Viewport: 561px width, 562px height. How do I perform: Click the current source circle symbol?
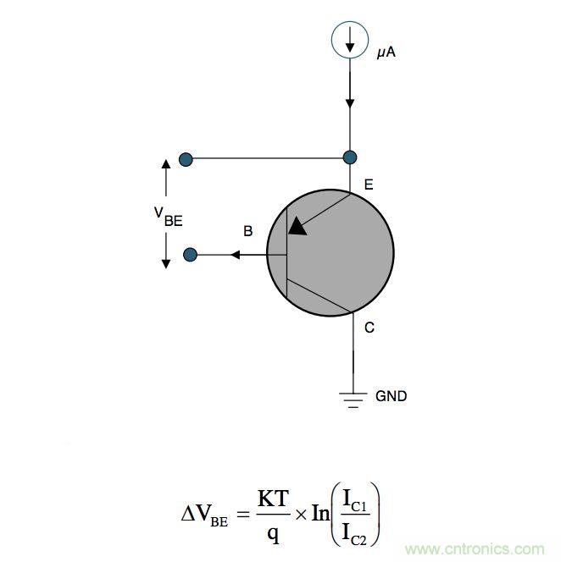(x=349, y=40)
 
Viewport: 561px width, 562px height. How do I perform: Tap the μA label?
(x=386, y=53)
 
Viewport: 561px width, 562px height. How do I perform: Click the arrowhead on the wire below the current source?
(x=349, y=102)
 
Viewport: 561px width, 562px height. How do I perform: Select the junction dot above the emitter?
(x=349, y=157)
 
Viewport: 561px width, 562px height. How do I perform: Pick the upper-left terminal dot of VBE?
(x=186, y=158)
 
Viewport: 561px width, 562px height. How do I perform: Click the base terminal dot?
(x=191, y=254)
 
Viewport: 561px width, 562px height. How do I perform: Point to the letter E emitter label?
(x=368, y=185)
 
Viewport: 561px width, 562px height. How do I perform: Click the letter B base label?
(x=247, y=231)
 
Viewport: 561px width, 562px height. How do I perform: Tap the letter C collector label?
(x=369, y=328)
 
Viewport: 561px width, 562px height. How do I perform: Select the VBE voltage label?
(x=167, y=217)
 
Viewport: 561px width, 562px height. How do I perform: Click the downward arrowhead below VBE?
(x=166, y=262)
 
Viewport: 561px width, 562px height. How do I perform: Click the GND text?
(x=391, y=396)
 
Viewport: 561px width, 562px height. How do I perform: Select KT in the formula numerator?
(x=274, y=499)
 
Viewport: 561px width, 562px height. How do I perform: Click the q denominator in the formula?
(x=273, y=534)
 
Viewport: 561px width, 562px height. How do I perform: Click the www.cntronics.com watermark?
(x=480, y=548)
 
